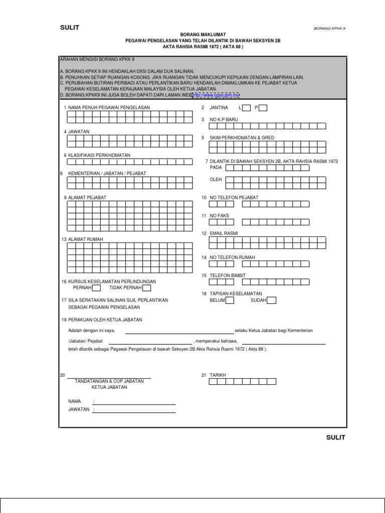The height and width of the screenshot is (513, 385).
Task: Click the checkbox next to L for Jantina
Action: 247,108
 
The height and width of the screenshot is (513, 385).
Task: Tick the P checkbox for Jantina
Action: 263,108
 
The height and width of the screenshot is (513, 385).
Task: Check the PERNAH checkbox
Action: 96,288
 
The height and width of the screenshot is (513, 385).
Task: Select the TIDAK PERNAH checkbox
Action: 146,288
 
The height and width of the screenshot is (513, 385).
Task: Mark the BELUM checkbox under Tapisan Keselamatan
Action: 230,301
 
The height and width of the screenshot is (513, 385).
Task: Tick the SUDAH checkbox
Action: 271,301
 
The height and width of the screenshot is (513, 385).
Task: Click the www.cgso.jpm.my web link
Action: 216,95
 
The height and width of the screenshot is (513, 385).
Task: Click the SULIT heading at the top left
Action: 70,28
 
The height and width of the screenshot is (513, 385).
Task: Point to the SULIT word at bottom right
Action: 335,437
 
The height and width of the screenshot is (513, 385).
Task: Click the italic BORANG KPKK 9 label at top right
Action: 329,29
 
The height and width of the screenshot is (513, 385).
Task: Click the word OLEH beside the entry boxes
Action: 216,179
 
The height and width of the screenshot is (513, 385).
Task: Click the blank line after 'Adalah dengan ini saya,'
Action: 179,331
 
